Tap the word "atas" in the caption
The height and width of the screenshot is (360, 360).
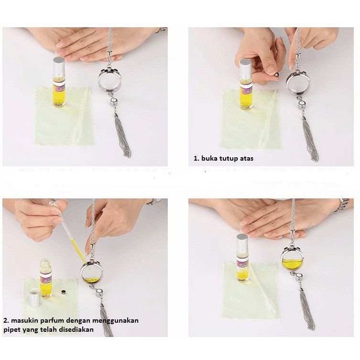tap(247, 158)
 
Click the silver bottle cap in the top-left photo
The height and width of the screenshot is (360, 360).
tap(58, 66)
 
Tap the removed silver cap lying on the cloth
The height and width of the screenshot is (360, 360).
tap(34, 297)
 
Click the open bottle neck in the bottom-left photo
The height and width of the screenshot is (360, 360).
tap(46, 265)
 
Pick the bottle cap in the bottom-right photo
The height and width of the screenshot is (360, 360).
tap(242, 243)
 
